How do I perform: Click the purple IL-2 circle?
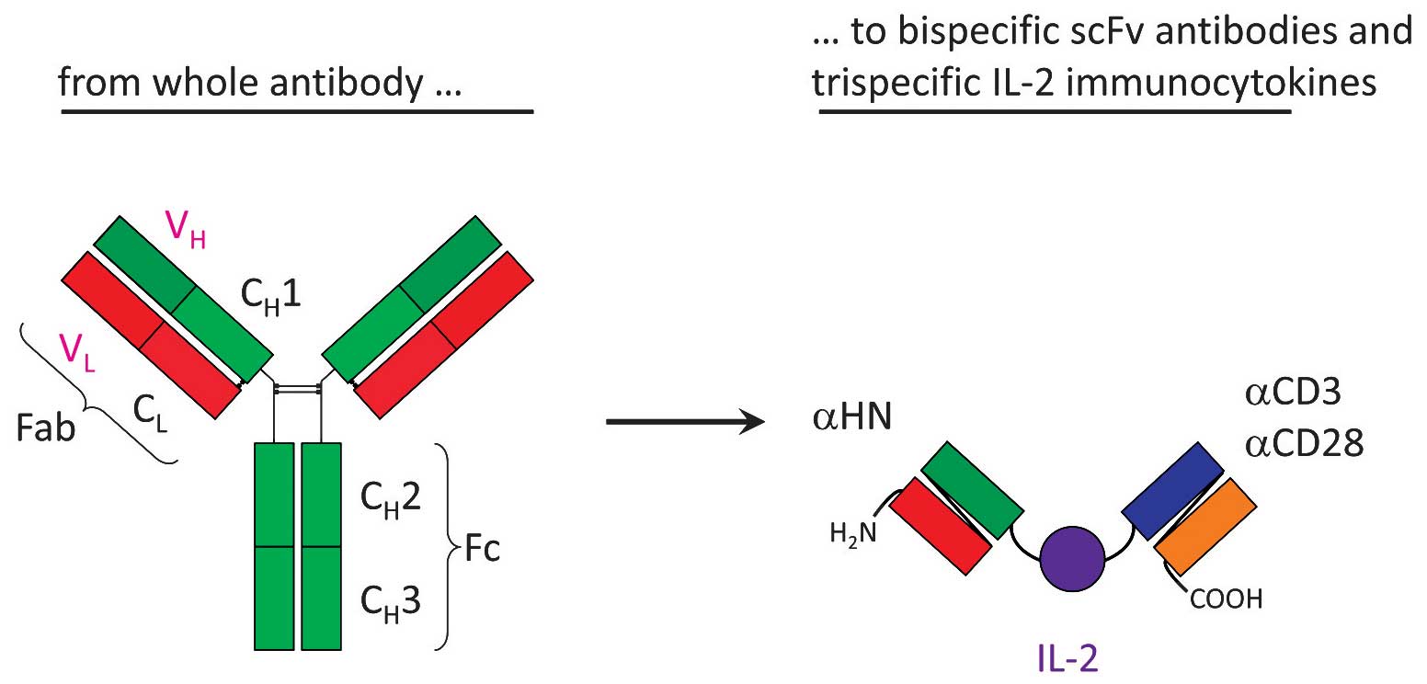click(x=1072, y=557)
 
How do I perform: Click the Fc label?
click(x=478, y=554)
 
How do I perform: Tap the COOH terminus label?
click(x=1227, y=600)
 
